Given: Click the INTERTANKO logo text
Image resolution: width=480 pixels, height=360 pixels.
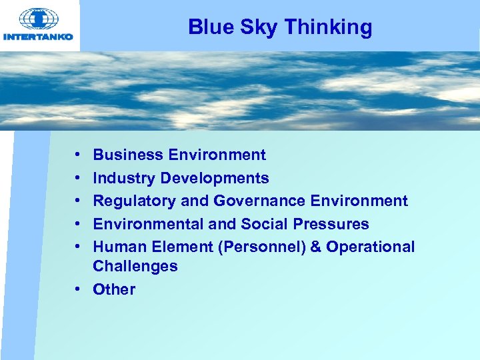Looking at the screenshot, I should (39, 37).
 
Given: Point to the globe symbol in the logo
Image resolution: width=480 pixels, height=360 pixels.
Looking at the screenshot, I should (39, 19).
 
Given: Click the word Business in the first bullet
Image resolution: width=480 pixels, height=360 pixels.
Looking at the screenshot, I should (128, 155).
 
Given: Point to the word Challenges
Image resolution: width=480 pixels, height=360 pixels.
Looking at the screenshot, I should (135, 266).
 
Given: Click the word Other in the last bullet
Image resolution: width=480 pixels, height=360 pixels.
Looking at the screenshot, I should (114, 289).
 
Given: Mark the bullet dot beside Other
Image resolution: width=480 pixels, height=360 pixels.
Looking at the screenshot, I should (78, 289).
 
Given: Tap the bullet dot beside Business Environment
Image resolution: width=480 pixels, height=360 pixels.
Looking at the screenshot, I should (78, 155).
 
